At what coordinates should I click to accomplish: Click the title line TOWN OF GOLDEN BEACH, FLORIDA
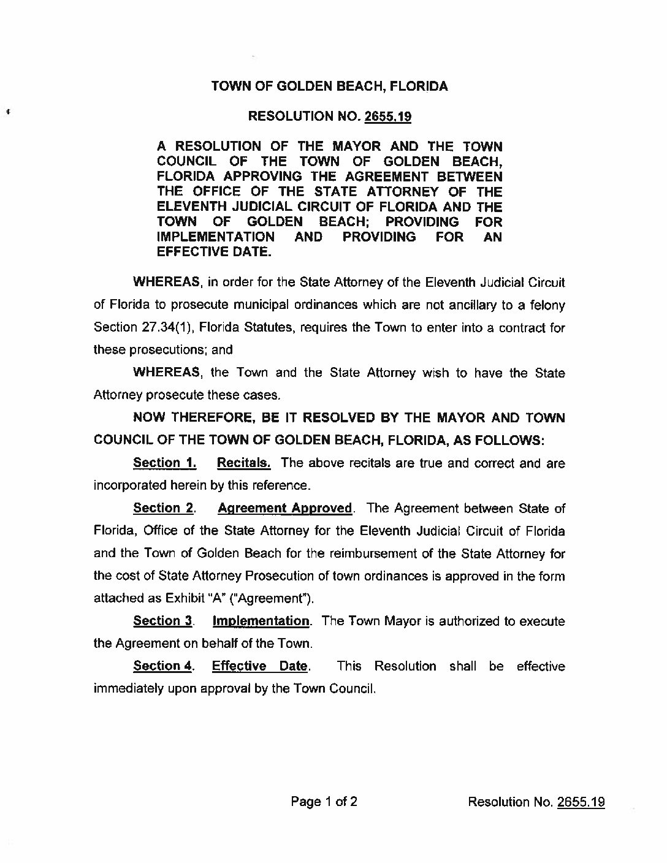coord(329,86)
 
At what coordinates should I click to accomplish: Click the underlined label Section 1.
coord(164,463)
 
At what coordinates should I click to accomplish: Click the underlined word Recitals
coord(243,463)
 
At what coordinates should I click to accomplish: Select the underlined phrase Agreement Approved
coord(285,508)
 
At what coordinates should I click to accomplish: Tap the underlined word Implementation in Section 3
coord(261,621)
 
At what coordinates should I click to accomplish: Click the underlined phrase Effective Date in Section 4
coord(259,666)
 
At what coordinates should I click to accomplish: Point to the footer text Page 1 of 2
coord(324,802)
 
